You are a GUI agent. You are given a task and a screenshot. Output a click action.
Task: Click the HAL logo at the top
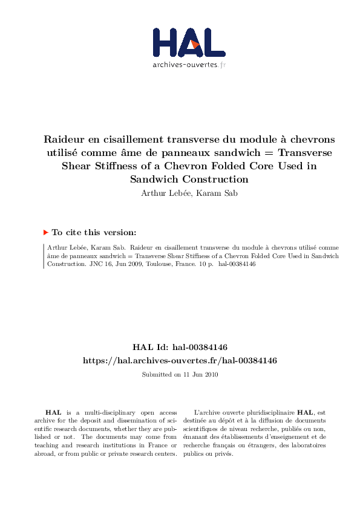pos(189,44)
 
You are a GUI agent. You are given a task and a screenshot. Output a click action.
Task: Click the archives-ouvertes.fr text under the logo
pos(189,65)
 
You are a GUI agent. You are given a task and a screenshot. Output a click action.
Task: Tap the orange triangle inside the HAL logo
pos(194,44)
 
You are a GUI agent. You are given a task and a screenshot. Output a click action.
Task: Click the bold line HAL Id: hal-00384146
pos(180,347)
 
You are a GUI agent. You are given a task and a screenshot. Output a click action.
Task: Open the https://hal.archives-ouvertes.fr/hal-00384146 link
pos(180,360)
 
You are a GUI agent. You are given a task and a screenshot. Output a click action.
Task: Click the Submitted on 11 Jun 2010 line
pos(180,375)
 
